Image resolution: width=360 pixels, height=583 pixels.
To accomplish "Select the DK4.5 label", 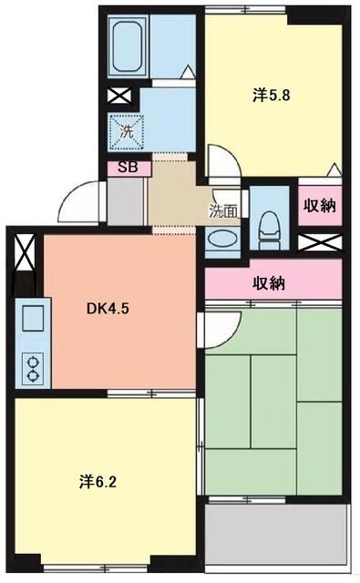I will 108,308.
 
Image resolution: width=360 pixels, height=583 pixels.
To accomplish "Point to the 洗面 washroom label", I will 223,211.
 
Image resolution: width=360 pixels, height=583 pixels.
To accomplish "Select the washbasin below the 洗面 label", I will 222,240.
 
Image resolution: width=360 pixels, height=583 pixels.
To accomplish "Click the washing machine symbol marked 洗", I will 128,130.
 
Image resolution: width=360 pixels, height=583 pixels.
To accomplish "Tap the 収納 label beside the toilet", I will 319,206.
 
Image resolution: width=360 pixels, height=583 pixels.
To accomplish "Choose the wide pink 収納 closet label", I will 270,283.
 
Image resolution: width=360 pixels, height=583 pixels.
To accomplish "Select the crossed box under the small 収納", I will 319,243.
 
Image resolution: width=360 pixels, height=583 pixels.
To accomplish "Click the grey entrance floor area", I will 125,201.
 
